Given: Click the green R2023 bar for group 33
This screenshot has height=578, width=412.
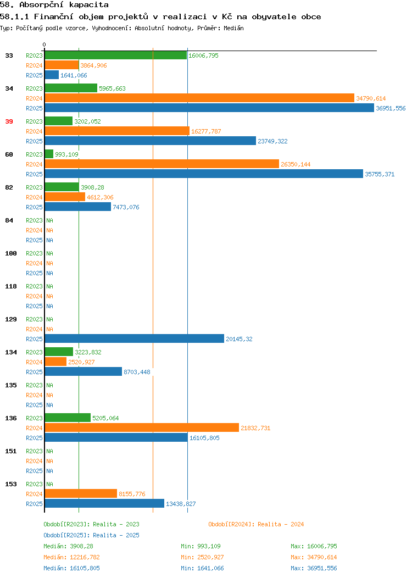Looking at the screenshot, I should click(x=115, y=55).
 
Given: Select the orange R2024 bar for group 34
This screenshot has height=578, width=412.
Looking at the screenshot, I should click(x=199, y=98).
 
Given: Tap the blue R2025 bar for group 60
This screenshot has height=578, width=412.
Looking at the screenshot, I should click(x=204, y=174).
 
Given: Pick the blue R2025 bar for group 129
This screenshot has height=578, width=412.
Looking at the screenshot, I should click(x=134, y=339).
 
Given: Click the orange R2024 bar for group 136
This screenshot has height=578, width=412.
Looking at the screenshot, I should click(x=142, y=428).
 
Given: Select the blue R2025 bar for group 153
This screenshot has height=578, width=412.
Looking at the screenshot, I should click(x=104, y=504).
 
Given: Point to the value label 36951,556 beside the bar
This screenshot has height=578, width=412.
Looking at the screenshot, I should click(x=391, y=108).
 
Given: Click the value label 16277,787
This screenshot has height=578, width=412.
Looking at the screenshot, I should click(x=206, y=131).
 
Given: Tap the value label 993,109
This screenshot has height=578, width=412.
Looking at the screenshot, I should click(x=66, y=154).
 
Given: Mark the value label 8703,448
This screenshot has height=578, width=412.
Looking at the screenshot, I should click(x=137, y=372).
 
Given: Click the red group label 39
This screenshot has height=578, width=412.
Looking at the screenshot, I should click(x=9, y=121).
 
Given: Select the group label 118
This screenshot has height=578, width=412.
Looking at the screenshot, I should click(x=11, y=286).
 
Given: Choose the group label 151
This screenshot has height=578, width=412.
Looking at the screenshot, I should click(x=11, y=451).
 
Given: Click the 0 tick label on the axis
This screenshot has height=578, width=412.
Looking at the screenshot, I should click(x=44, y=45).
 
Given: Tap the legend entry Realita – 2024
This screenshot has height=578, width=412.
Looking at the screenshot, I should click(x=256, y=524).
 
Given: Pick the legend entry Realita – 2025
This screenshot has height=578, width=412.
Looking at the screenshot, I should click(x=91, y=535).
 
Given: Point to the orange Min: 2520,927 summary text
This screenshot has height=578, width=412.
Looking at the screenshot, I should click(x=202, y=557).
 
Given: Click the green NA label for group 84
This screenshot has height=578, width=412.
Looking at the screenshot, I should click(x=49, y=220).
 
